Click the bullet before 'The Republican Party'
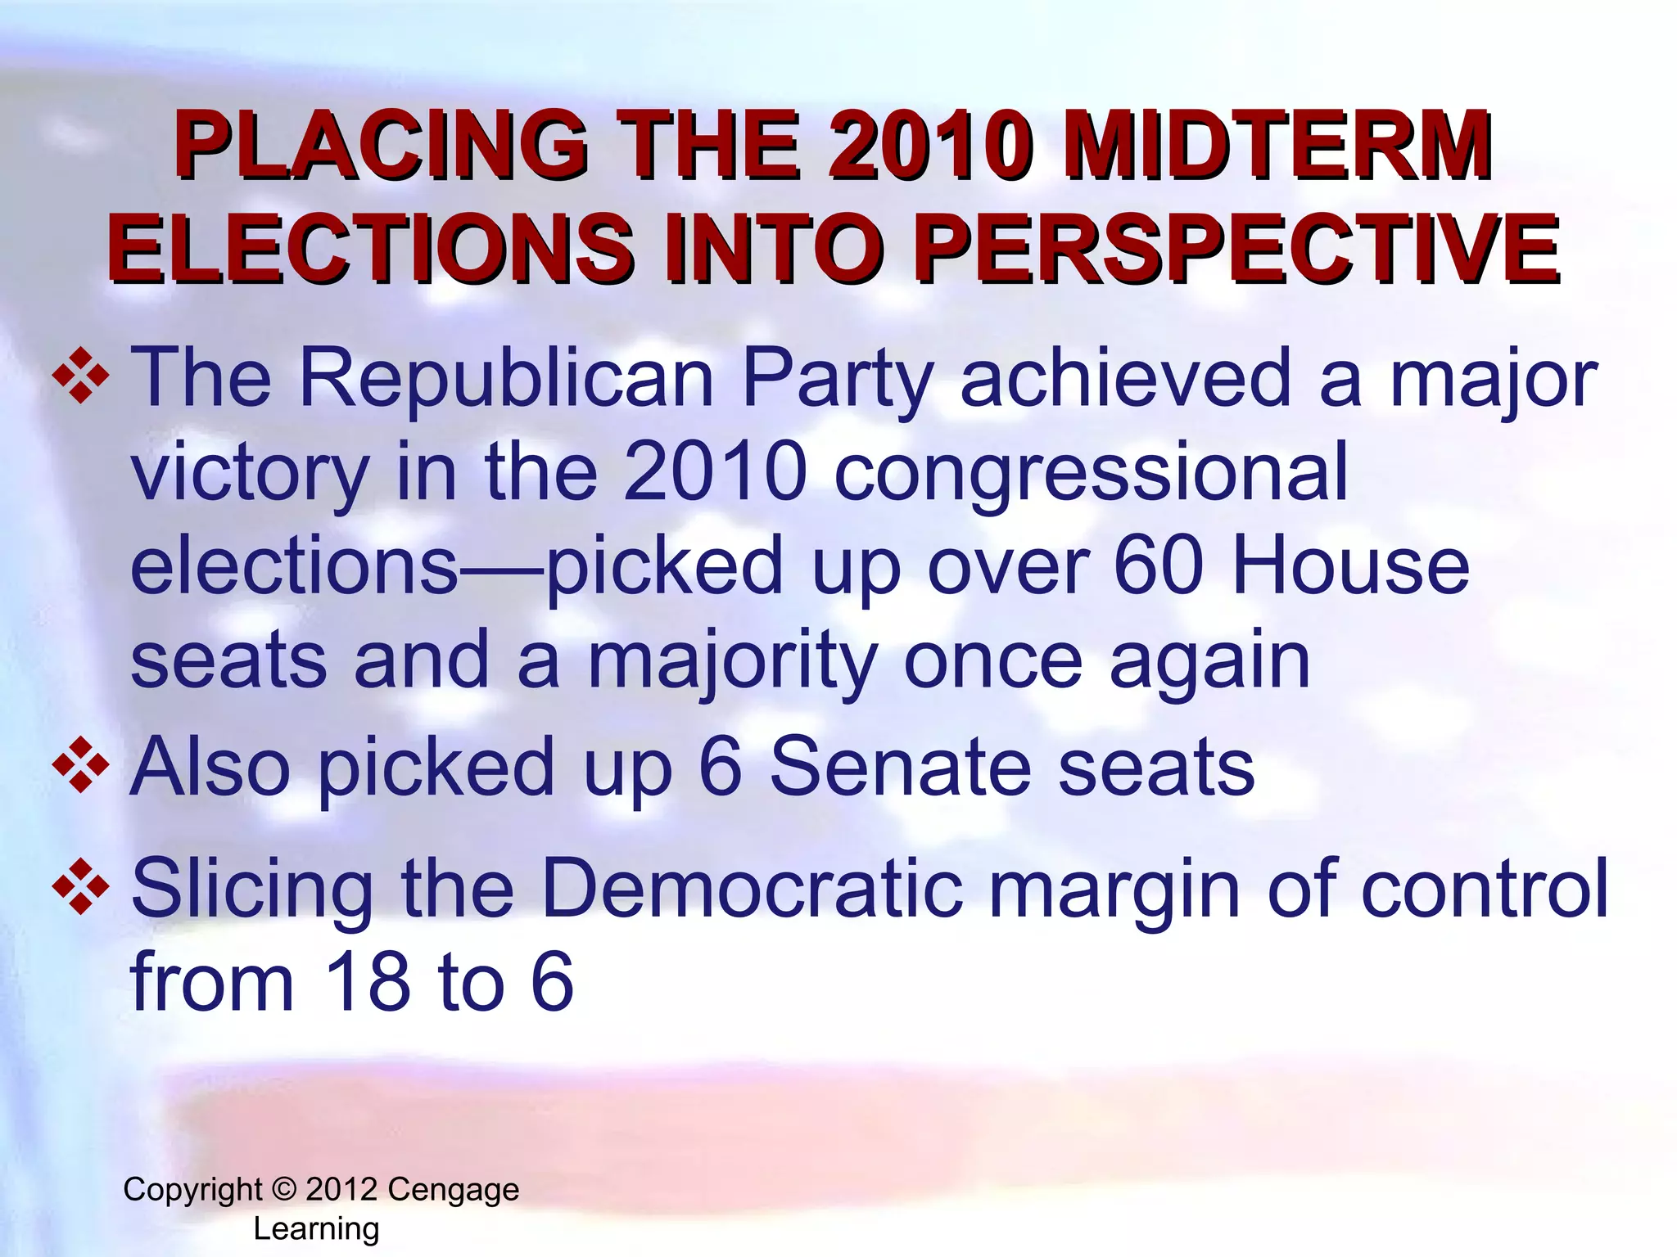[81, 376]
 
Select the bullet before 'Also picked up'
[81, 765]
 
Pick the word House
[1350, 566]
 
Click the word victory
[250, 472]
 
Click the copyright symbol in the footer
[283, 1189]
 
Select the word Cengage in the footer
[453, 1190]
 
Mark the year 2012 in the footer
[341, 1189]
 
